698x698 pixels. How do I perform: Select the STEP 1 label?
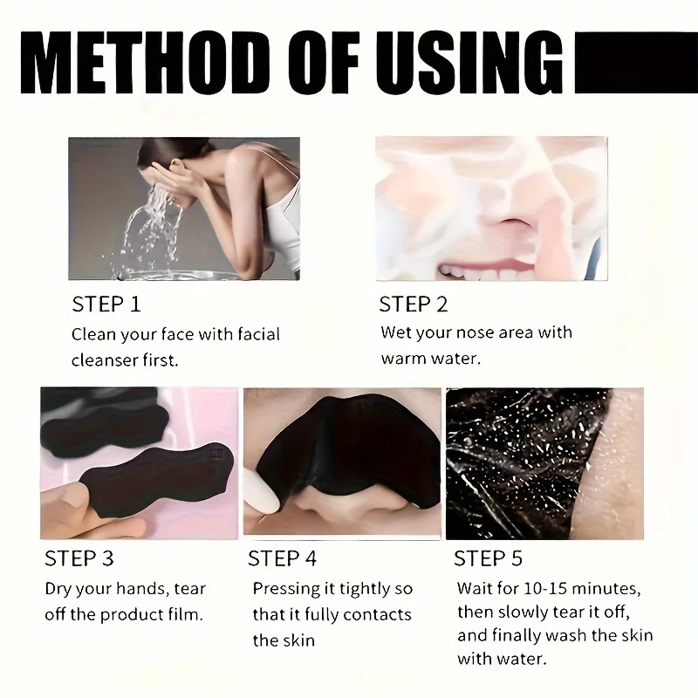click(106, 305)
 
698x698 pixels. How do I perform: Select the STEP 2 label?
click(414, 305)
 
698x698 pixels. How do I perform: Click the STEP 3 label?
click(79, 558)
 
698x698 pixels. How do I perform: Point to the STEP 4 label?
click(283, 558)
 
